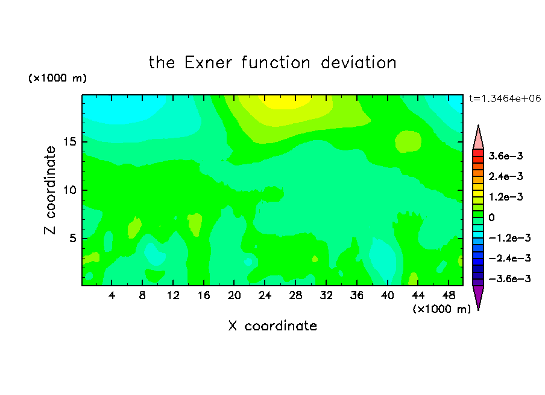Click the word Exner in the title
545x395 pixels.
coord(208,63)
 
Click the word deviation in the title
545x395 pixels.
coord(358,63)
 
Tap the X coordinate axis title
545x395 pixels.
coord(272,326)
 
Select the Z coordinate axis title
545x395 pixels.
coord(49,190)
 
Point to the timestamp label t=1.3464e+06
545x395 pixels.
coord(505,98)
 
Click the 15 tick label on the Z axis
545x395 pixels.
coord(69,142)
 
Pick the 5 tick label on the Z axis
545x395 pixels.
coord(72,238)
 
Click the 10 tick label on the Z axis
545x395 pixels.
coord(69,190)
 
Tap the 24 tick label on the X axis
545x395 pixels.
coord(265,295)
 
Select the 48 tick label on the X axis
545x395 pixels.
coord(449,295)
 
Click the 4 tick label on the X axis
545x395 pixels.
coord(112,295)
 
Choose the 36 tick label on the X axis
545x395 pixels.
coord(357,295)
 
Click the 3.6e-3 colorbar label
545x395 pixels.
coord(506,156)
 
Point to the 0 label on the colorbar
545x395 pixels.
coord(491,217)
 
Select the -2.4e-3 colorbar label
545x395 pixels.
coord(509,258)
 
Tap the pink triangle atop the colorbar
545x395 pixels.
coord(478,139)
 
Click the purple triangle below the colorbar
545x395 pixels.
coord(478,297)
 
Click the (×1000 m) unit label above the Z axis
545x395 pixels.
coord(57,78)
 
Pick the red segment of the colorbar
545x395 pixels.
coord(478,153)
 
